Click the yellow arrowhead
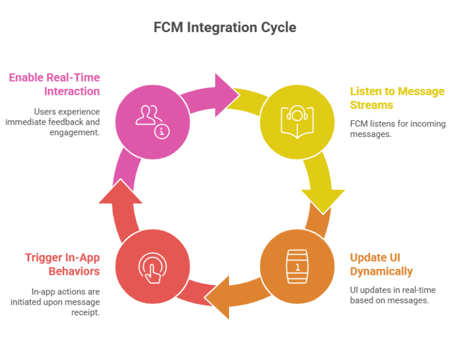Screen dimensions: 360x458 point(323,199)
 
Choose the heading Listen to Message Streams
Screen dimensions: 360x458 point(397,98)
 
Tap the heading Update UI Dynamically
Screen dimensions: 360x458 point(381,265)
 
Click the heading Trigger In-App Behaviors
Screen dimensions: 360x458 point(62,265)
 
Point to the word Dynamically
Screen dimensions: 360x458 point(381,272)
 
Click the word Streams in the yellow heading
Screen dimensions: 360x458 point(372,105)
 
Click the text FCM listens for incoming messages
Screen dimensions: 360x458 point(388,129)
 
